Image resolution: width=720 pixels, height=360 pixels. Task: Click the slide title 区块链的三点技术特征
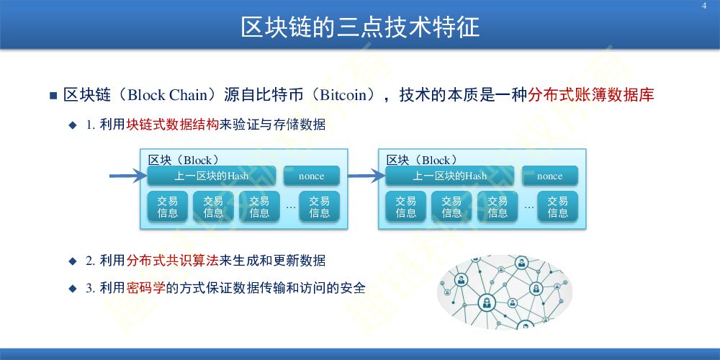pos(359,27)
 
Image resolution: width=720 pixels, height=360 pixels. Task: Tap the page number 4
pos(704,6)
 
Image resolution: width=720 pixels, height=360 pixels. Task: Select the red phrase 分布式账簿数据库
pos(591,95)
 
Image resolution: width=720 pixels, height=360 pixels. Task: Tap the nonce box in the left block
pos(311,176)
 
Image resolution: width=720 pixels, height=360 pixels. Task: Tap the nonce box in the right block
pos(549,176)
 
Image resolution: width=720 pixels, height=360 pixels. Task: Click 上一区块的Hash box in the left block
pos(211,176)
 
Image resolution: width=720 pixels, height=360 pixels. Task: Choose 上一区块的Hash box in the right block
pos(449,176)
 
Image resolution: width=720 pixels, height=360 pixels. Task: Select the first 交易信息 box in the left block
pos(168,207)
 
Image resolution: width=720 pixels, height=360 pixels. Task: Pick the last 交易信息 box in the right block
pos(557,207)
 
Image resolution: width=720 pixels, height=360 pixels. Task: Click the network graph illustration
pos(505,292)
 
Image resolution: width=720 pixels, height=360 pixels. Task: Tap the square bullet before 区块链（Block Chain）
pos(53,96)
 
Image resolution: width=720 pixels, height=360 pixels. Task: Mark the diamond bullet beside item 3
pos(72,289)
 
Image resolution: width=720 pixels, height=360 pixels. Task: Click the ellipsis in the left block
pos(290,207)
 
